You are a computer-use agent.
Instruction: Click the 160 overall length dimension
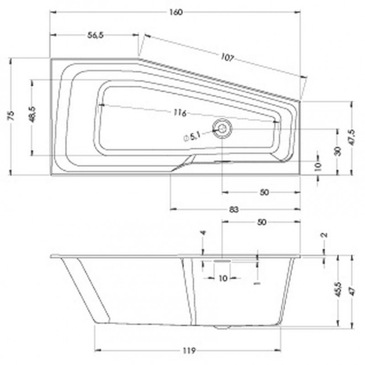pos(176,12)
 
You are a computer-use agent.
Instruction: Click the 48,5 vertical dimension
pos(32,114)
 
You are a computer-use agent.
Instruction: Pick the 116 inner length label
pos(179,113)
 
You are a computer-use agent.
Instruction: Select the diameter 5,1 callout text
pos(192,136)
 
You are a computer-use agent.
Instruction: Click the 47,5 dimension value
pos(351,136)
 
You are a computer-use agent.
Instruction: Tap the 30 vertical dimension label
pos(337,151)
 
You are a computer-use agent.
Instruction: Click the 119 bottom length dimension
pos(188,351)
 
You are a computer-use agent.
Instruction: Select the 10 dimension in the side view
pos(223,278)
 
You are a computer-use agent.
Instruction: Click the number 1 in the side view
pos(257,283)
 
